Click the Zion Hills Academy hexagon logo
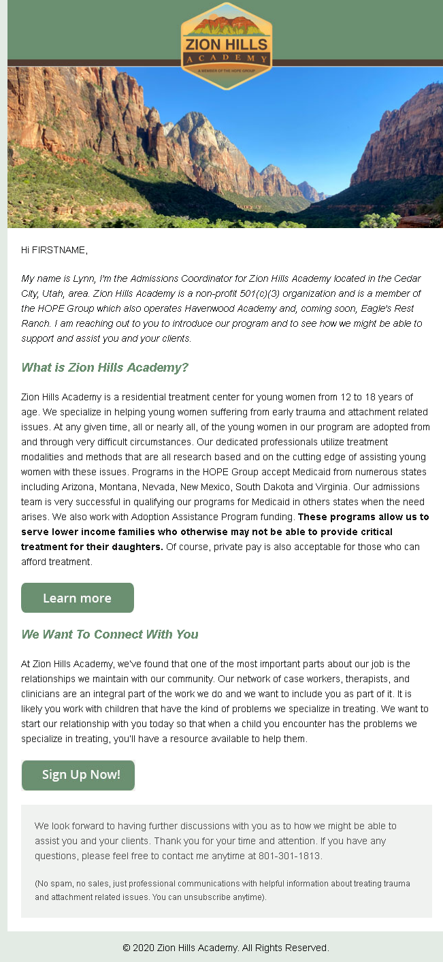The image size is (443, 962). coord(226,46)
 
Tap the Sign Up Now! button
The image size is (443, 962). coord(78,775)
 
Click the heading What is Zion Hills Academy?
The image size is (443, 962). coord(105,368)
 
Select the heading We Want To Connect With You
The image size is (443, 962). coord(110,635)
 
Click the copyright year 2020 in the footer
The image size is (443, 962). coord(144,948)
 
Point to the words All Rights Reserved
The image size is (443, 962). coord(285,948)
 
